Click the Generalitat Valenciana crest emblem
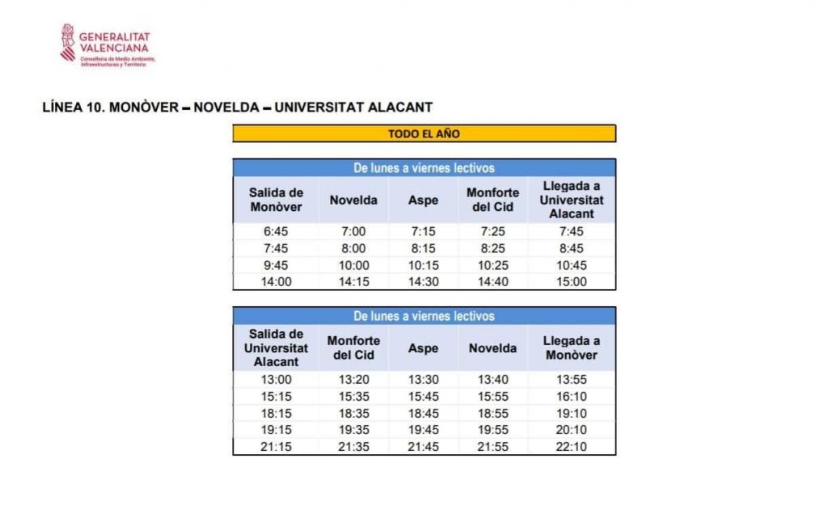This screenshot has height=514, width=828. pyautogui.click(x=68, y=42)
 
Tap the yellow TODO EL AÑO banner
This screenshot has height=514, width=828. pyautogui.click(x=424, y=133)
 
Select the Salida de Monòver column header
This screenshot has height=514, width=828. pyautogui.click(x=276, y=200)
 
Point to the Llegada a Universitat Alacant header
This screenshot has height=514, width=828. pyautogui.click(x=571, y=200)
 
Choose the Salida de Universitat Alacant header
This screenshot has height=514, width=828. pyautogui.click(x=276, y=348)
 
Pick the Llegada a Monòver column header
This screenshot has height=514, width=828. pyautogui.click(x=571, y=348)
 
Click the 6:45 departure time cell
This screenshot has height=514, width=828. pyautogui.click(x=276, y=232)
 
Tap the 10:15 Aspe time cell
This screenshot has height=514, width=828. pyautogui.click(x=423, y=265)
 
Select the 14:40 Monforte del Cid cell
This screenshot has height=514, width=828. pyautogui.click(x=492, y=282)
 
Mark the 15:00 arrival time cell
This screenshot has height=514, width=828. pyautogui.click(x=571, y=282)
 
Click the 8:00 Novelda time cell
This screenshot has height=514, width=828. pyautogui.click(x=353, y=249)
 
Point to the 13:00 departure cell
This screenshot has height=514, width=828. pyautogui.click(x=276, y=379)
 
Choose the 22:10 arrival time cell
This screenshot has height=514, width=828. pyautogui.click(x=571, y=447)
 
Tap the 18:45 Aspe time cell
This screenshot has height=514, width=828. pyautogui.click(x=423, y=413)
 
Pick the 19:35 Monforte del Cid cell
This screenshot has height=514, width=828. pyautogui.click(x=353, y=430)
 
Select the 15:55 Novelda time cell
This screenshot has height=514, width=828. pyautogui.click(x=492, y=396)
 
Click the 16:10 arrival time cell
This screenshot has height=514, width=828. pyautogui.click(x=571, y=396)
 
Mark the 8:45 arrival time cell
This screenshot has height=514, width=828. pyautogui.click(x=571, y=249)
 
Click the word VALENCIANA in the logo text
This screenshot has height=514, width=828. pyautogui.click(x=114, y=47)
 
